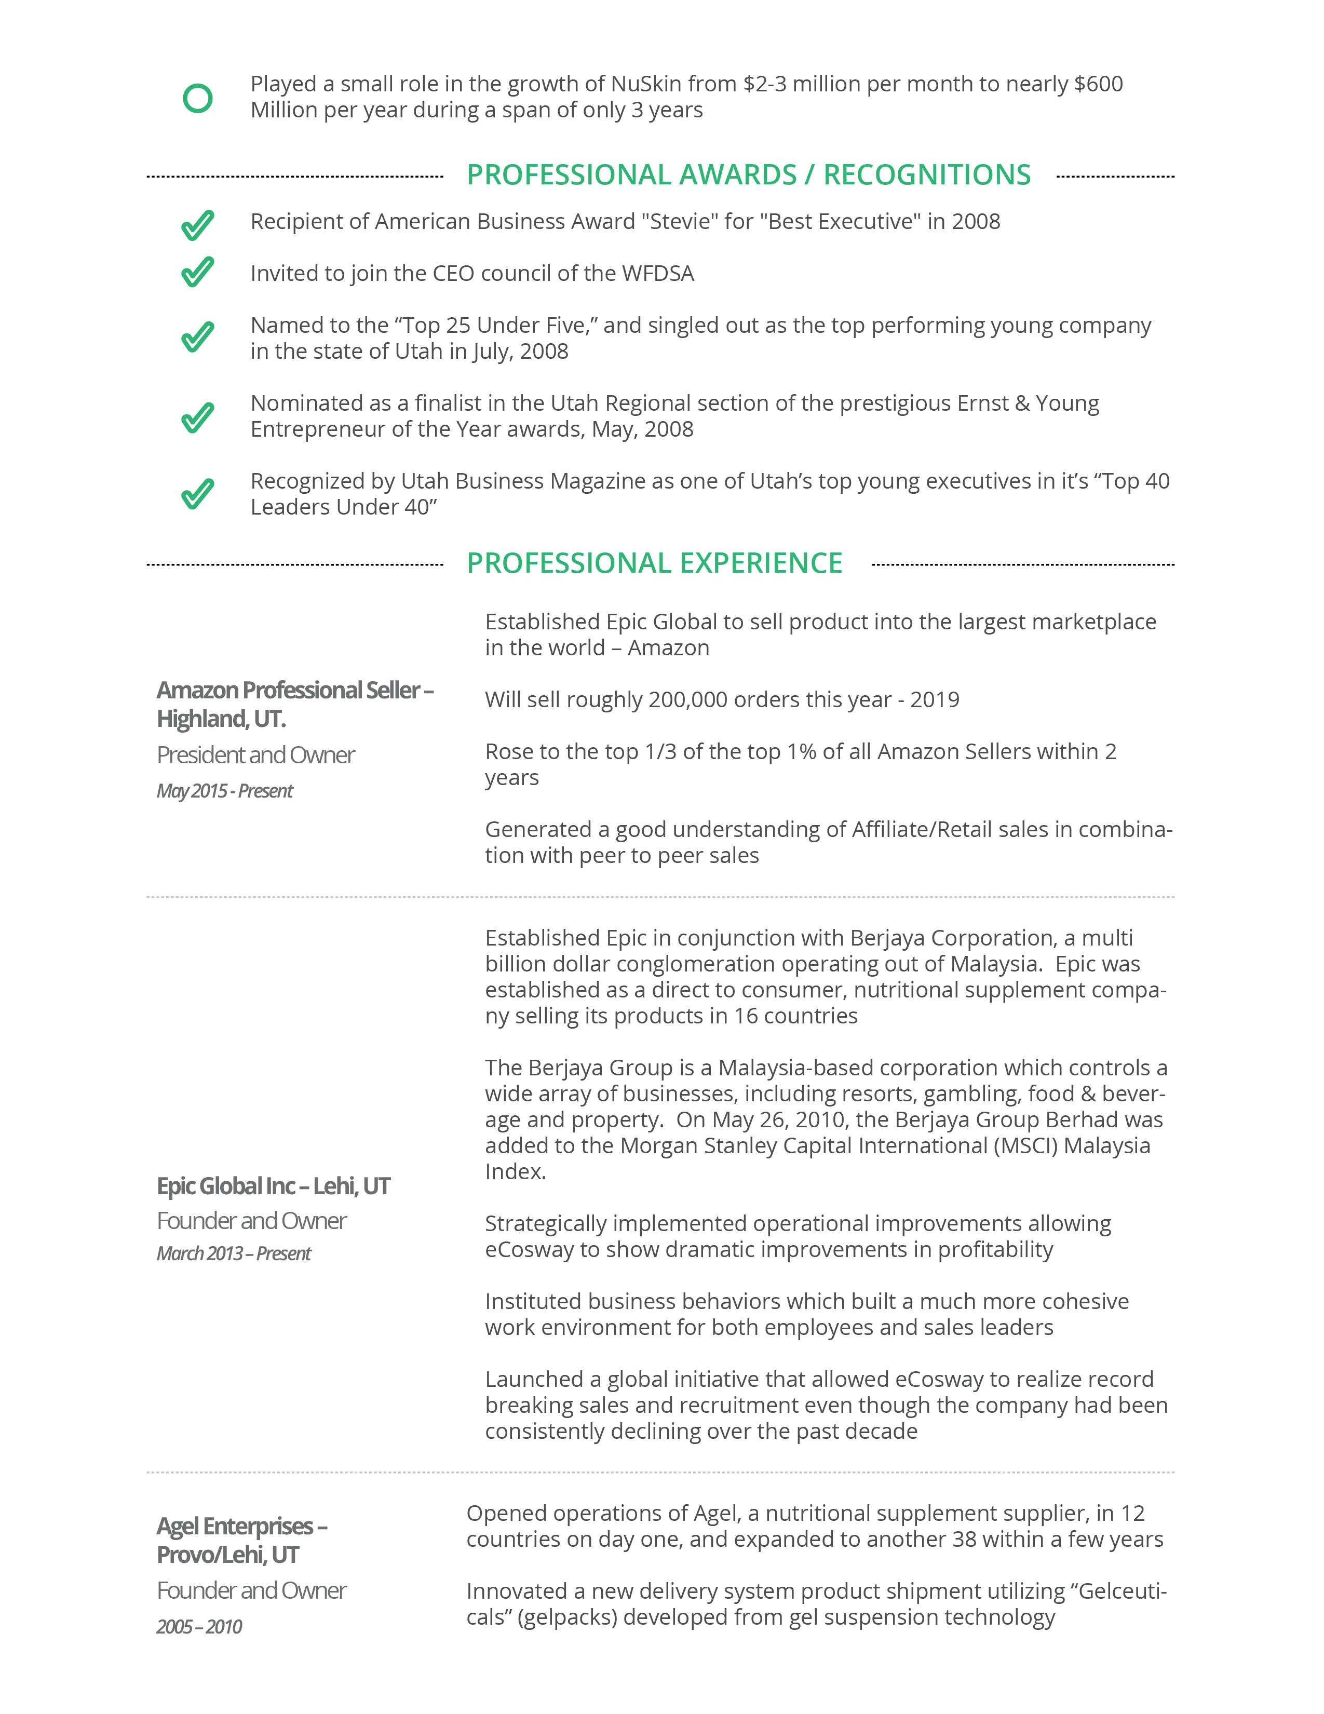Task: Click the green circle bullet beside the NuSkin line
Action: [198, 98]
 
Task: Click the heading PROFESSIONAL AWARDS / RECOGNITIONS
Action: [748, 175]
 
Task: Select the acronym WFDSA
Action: [658, 274]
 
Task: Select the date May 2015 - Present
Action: [224, 791]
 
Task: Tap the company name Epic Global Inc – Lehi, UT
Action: [273, 1186]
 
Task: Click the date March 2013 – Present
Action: [233, 1253]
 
